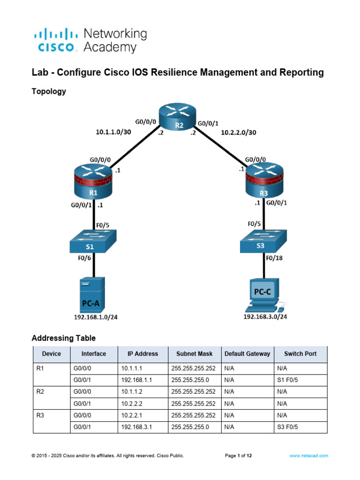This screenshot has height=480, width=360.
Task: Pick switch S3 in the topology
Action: [264, 242]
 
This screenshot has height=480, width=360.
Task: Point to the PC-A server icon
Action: [92, 294]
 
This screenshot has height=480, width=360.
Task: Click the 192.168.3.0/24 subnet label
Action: [265, 317]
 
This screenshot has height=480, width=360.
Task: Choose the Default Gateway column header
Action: [247, 354]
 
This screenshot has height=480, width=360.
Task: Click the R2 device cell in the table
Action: [40, 392]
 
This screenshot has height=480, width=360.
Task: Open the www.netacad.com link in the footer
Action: [308, 455]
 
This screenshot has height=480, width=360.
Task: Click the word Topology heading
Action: [49, 91]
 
